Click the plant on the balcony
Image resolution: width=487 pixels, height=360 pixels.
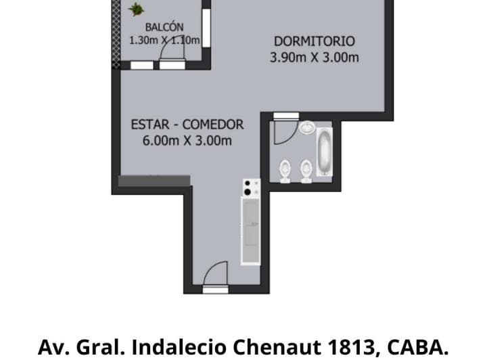coord(137,9)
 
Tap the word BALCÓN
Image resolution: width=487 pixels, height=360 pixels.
coord(164,28)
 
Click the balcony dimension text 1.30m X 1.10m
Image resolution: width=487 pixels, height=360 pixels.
coord(164,41)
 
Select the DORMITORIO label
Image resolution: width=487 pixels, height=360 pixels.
coord(314,41)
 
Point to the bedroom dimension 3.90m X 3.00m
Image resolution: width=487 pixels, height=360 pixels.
coord(314,58)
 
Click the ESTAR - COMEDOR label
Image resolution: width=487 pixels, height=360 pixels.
coord(187,125)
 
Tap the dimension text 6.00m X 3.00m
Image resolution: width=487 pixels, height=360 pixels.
coord(187,141)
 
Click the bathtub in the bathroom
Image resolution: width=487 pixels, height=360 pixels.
coord(325,152)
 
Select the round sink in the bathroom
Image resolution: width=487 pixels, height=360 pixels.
coord(307,127)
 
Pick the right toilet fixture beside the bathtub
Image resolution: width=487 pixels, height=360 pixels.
coord(306,169)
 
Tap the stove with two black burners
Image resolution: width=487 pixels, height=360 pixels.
coord(251,187)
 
